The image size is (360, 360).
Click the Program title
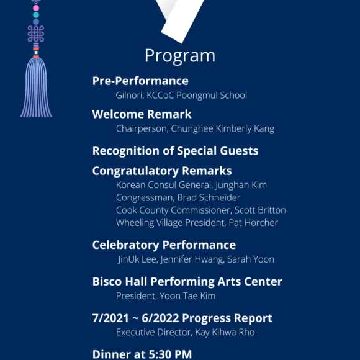(180, 55)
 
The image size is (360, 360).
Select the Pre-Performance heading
(140, 81)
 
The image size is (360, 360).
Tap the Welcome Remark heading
(142, 114)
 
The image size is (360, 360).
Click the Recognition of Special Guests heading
(175, 151)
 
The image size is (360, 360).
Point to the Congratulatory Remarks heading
(162, 171)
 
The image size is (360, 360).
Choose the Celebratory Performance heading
(164, 245)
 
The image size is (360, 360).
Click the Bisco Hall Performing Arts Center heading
(187, 282)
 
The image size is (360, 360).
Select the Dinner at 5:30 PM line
(142, 354)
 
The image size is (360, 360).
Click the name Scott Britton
(260, 210)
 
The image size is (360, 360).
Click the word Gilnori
(128, 96)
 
